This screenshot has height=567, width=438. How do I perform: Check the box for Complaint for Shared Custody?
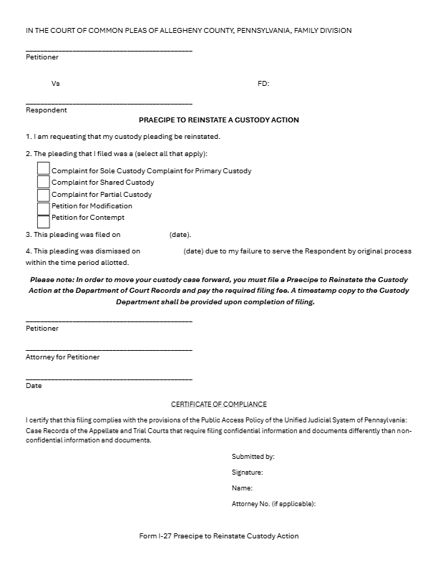click(44, 182)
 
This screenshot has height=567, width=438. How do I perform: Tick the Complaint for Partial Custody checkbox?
click(44, 194)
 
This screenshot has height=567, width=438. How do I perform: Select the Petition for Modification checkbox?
click(44, 207)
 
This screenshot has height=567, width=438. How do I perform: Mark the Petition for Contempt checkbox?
click(44, 220)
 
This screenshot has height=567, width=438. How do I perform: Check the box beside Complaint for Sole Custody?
click(44, 169)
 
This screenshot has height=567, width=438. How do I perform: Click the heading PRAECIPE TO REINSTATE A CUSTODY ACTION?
click(219, 120)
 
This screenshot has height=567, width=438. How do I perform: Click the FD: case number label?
click(263, 84)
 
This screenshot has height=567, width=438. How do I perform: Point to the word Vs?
click(56, 84)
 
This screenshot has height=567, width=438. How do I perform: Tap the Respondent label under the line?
click(47, 110)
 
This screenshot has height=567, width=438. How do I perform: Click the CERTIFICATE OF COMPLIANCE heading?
click(219, 404)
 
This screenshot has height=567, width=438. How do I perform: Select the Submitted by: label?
click(253, 457)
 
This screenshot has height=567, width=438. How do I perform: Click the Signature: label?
click(248, 472)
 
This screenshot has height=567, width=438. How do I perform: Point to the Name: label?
click(242, 488)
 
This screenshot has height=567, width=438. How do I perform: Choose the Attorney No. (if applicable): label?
click(273, 504)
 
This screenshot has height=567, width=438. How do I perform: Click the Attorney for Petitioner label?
click(63, 357)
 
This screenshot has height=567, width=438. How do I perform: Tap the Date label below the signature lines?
click(34, 385)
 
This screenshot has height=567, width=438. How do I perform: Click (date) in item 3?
click(180, 234)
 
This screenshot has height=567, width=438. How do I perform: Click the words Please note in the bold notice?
click(48, 279)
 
